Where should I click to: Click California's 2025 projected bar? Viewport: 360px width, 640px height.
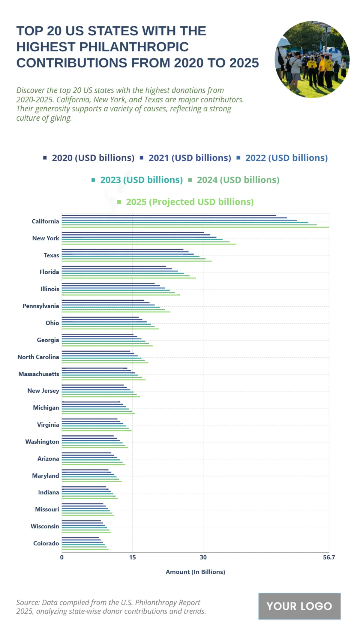point(195,227)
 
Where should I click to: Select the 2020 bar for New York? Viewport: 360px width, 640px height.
point(133,233)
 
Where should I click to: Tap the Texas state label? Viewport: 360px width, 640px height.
point(51,255)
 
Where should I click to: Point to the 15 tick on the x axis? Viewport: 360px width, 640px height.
point(132,557)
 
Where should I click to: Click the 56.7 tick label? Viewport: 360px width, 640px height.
point(329,557)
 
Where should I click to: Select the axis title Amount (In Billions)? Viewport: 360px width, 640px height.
point(195,572)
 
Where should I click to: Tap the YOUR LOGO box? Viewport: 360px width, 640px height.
point(299,606)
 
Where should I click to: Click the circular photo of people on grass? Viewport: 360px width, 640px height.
point(312,59)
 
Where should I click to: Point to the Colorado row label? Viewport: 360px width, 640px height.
point(46,543)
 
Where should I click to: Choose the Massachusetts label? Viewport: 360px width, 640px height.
point(39,374)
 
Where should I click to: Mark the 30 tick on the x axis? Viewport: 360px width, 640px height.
point(203,557)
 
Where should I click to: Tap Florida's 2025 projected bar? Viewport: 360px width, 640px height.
point(129,278)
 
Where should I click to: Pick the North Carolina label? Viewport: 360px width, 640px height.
point(38,357)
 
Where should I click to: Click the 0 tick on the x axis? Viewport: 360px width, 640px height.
point(62,557)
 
